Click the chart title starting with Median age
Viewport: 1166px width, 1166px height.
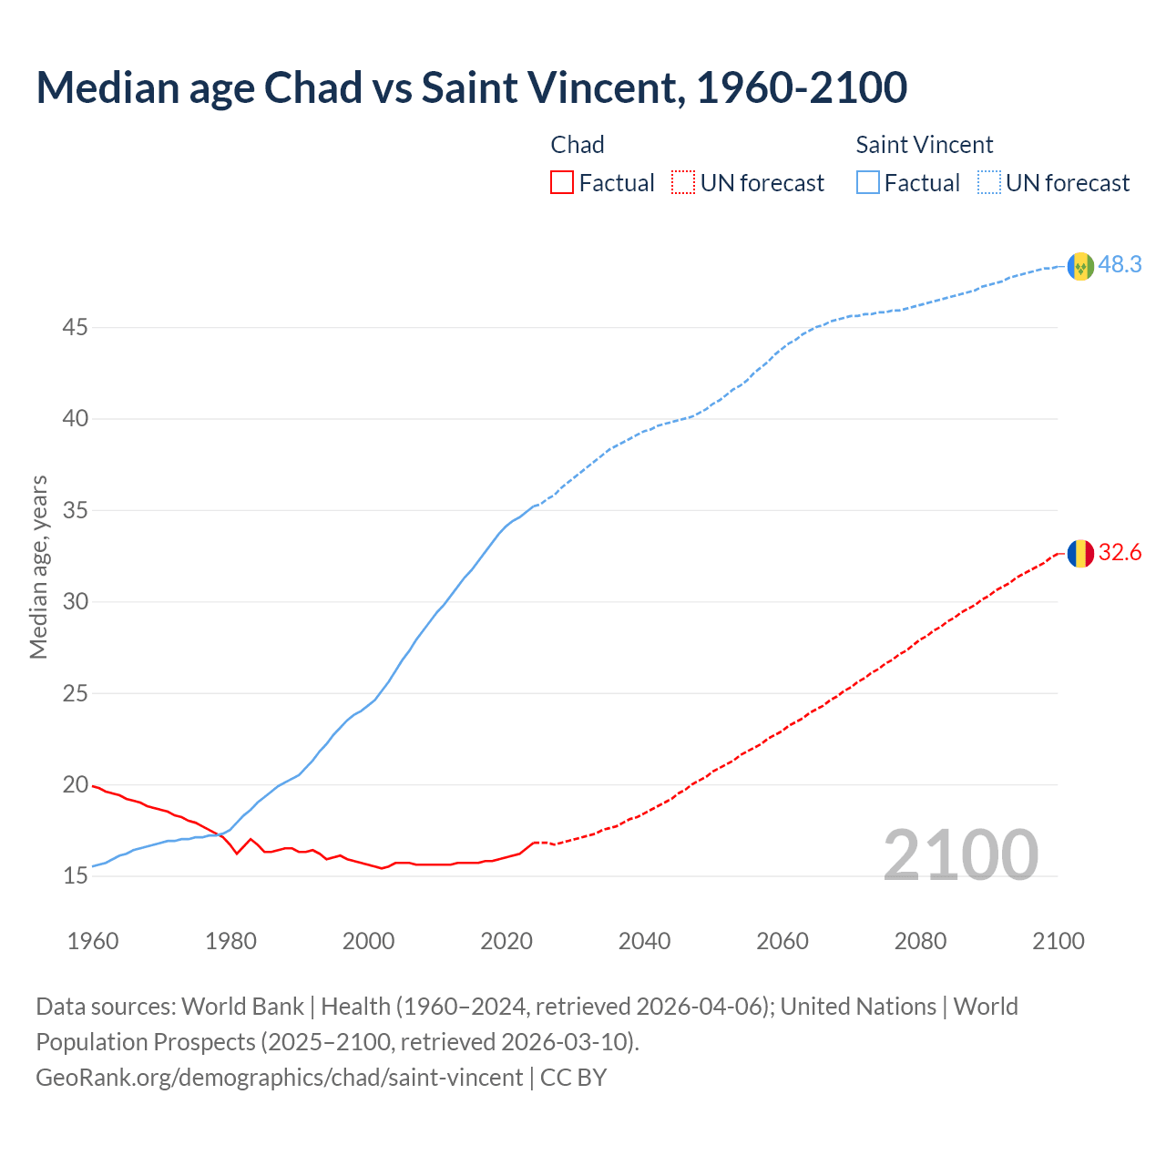pyautogui.click(x=471, y=87)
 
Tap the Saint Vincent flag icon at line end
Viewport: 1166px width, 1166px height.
pyautogui.click(x=1080, y=266)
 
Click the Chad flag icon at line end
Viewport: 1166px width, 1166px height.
pyautogui.click(x=1080, y=553)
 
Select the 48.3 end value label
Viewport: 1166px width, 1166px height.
pyautogui.click(x=1120, y=265)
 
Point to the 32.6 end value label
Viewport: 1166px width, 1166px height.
pyautogui.click(x=1120, y=553)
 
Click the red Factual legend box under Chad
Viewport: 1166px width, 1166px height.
pyautogui.click(x=562, y=183)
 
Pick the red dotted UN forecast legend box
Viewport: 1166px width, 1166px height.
pyautogui.click(x=683, y=183)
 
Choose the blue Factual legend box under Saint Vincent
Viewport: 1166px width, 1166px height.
pyautogui.click(x=868, y=183)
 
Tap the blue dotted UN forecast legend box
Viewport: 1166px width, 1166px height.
pyautogui.click(x=989, y=183)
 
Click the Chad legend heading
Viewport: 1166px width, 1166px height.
pyautogui.click(x=578, y=145)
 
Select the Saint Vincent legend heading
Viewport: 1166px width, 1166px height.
pyautogui.click(x=924, y=145)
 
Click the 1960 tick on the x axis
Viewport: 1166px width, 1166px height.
pyautogui.click(x=93, y=941)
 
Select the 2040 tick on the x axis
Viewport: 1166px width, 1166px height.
pyautogui.click(x=644, y=941)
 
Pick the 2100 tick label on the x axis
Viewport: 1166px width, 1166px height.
pyautogui.click(x=1058, y=941)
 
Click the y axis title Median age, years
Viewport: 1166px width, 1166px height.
pyautogui.click(x=38, y=567)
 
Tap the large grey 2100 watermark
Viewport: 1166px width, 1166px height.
pyautogui.click(x=960, y=855)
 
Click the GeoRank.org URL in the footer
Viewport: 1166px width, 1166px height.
pyautogui.click(x=280, y=1078)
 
